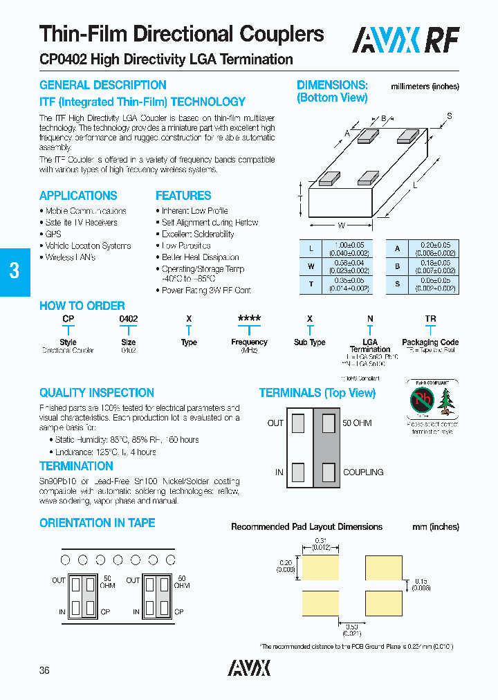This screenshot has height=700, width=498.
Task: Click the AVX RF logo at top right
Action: click(406, 41)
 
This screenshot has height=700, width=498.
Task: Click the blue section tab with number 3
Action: click(15, 270)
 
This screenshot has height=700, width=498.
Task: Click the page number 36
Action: click(45, 670)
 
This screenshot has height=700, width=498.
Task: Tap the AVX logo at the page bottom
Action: click(249, 667)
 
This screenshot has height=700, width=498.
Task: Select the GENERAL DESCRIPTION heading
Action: click(102, 85)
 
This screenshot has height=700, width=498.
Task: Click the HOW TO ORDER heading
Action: click(82, 306)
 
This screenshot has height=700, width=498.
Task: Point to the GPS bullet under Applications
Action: click(53, 234)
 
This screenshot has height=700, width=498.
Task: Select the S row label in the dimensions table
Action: click(397, 284)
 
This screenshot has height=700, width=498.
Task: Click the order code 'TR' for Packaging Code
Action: click(430, 319)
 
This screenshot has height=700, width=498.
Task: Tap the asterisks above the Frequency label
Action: click(249, 319)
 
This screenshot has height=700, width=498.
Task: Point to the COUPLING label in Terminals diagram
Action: click(363, 472)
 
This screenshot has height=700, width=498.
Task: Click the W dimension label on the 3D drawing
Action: click(341, 225)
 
